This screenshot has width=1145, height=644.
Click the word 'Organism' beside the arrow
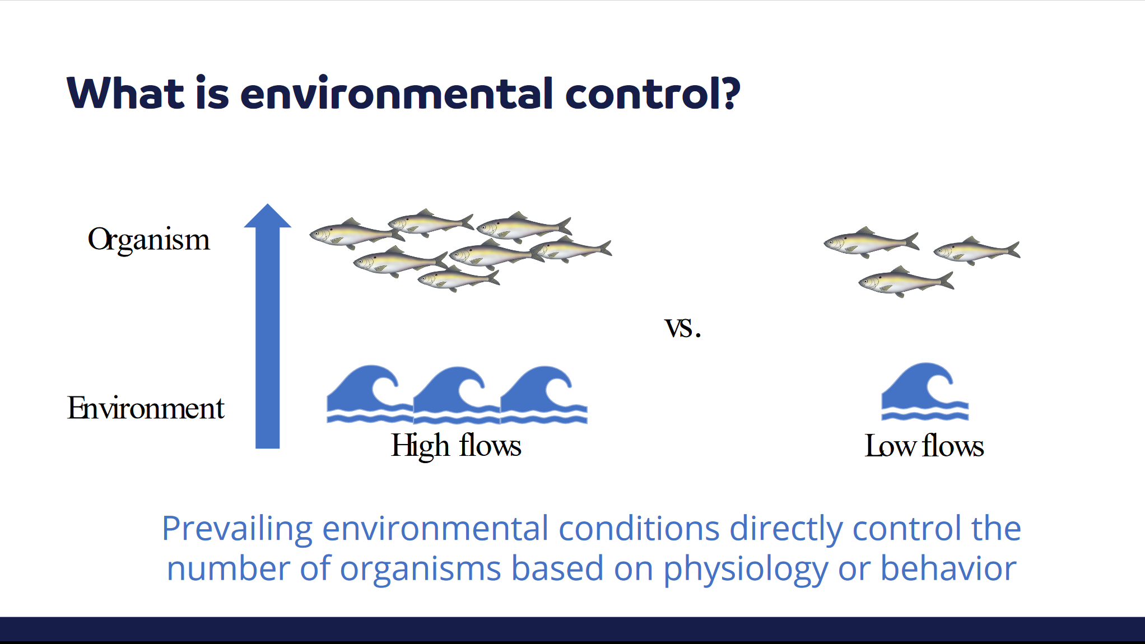[148, 240]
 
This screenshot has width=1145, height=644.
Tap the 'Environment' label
[146, 408]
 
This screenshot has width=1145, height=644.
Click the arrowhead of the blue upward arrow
[268, 216]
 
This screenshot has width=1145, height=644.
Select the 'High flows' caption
[456, 446]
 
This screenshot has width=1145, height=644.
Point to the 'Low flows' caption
[924, 446]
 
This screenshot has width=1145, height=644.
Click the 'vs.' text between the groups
[682, 328]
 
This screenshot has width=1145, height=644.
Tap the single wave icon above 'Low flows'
[925, 391]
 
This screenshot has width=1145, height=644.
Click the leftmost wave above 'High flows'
[370, 394]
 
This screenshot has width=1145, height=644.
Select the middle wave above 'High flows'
[457, 394]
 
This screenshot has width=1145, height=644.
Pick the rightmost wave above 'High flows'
[544, 394]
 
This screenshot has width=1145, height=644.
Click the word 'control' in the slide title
[643, 94]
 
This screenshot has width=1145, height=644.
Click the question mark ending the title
[732, 93]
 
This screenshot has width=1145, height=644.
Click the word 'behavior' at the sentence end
[948, 568]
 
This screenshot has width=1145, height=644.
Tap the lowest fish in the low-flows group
[906, 281]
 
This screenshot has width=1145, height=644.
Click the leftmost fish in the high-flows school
[357, 234]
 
